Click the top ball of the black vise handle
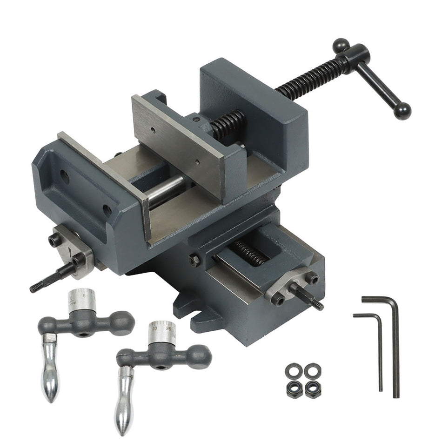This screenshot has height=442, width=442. pyautogui.click(x=341, y=45)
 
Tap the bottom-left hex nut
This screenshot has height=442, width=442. pyautogui.click(x=295, y=388)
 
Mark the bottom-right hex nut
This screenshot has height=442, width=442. pyautogui.click(x=313, y=388)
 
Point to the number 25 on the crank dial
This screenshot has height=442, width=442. pyautogui.click(x=168, y=328)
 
